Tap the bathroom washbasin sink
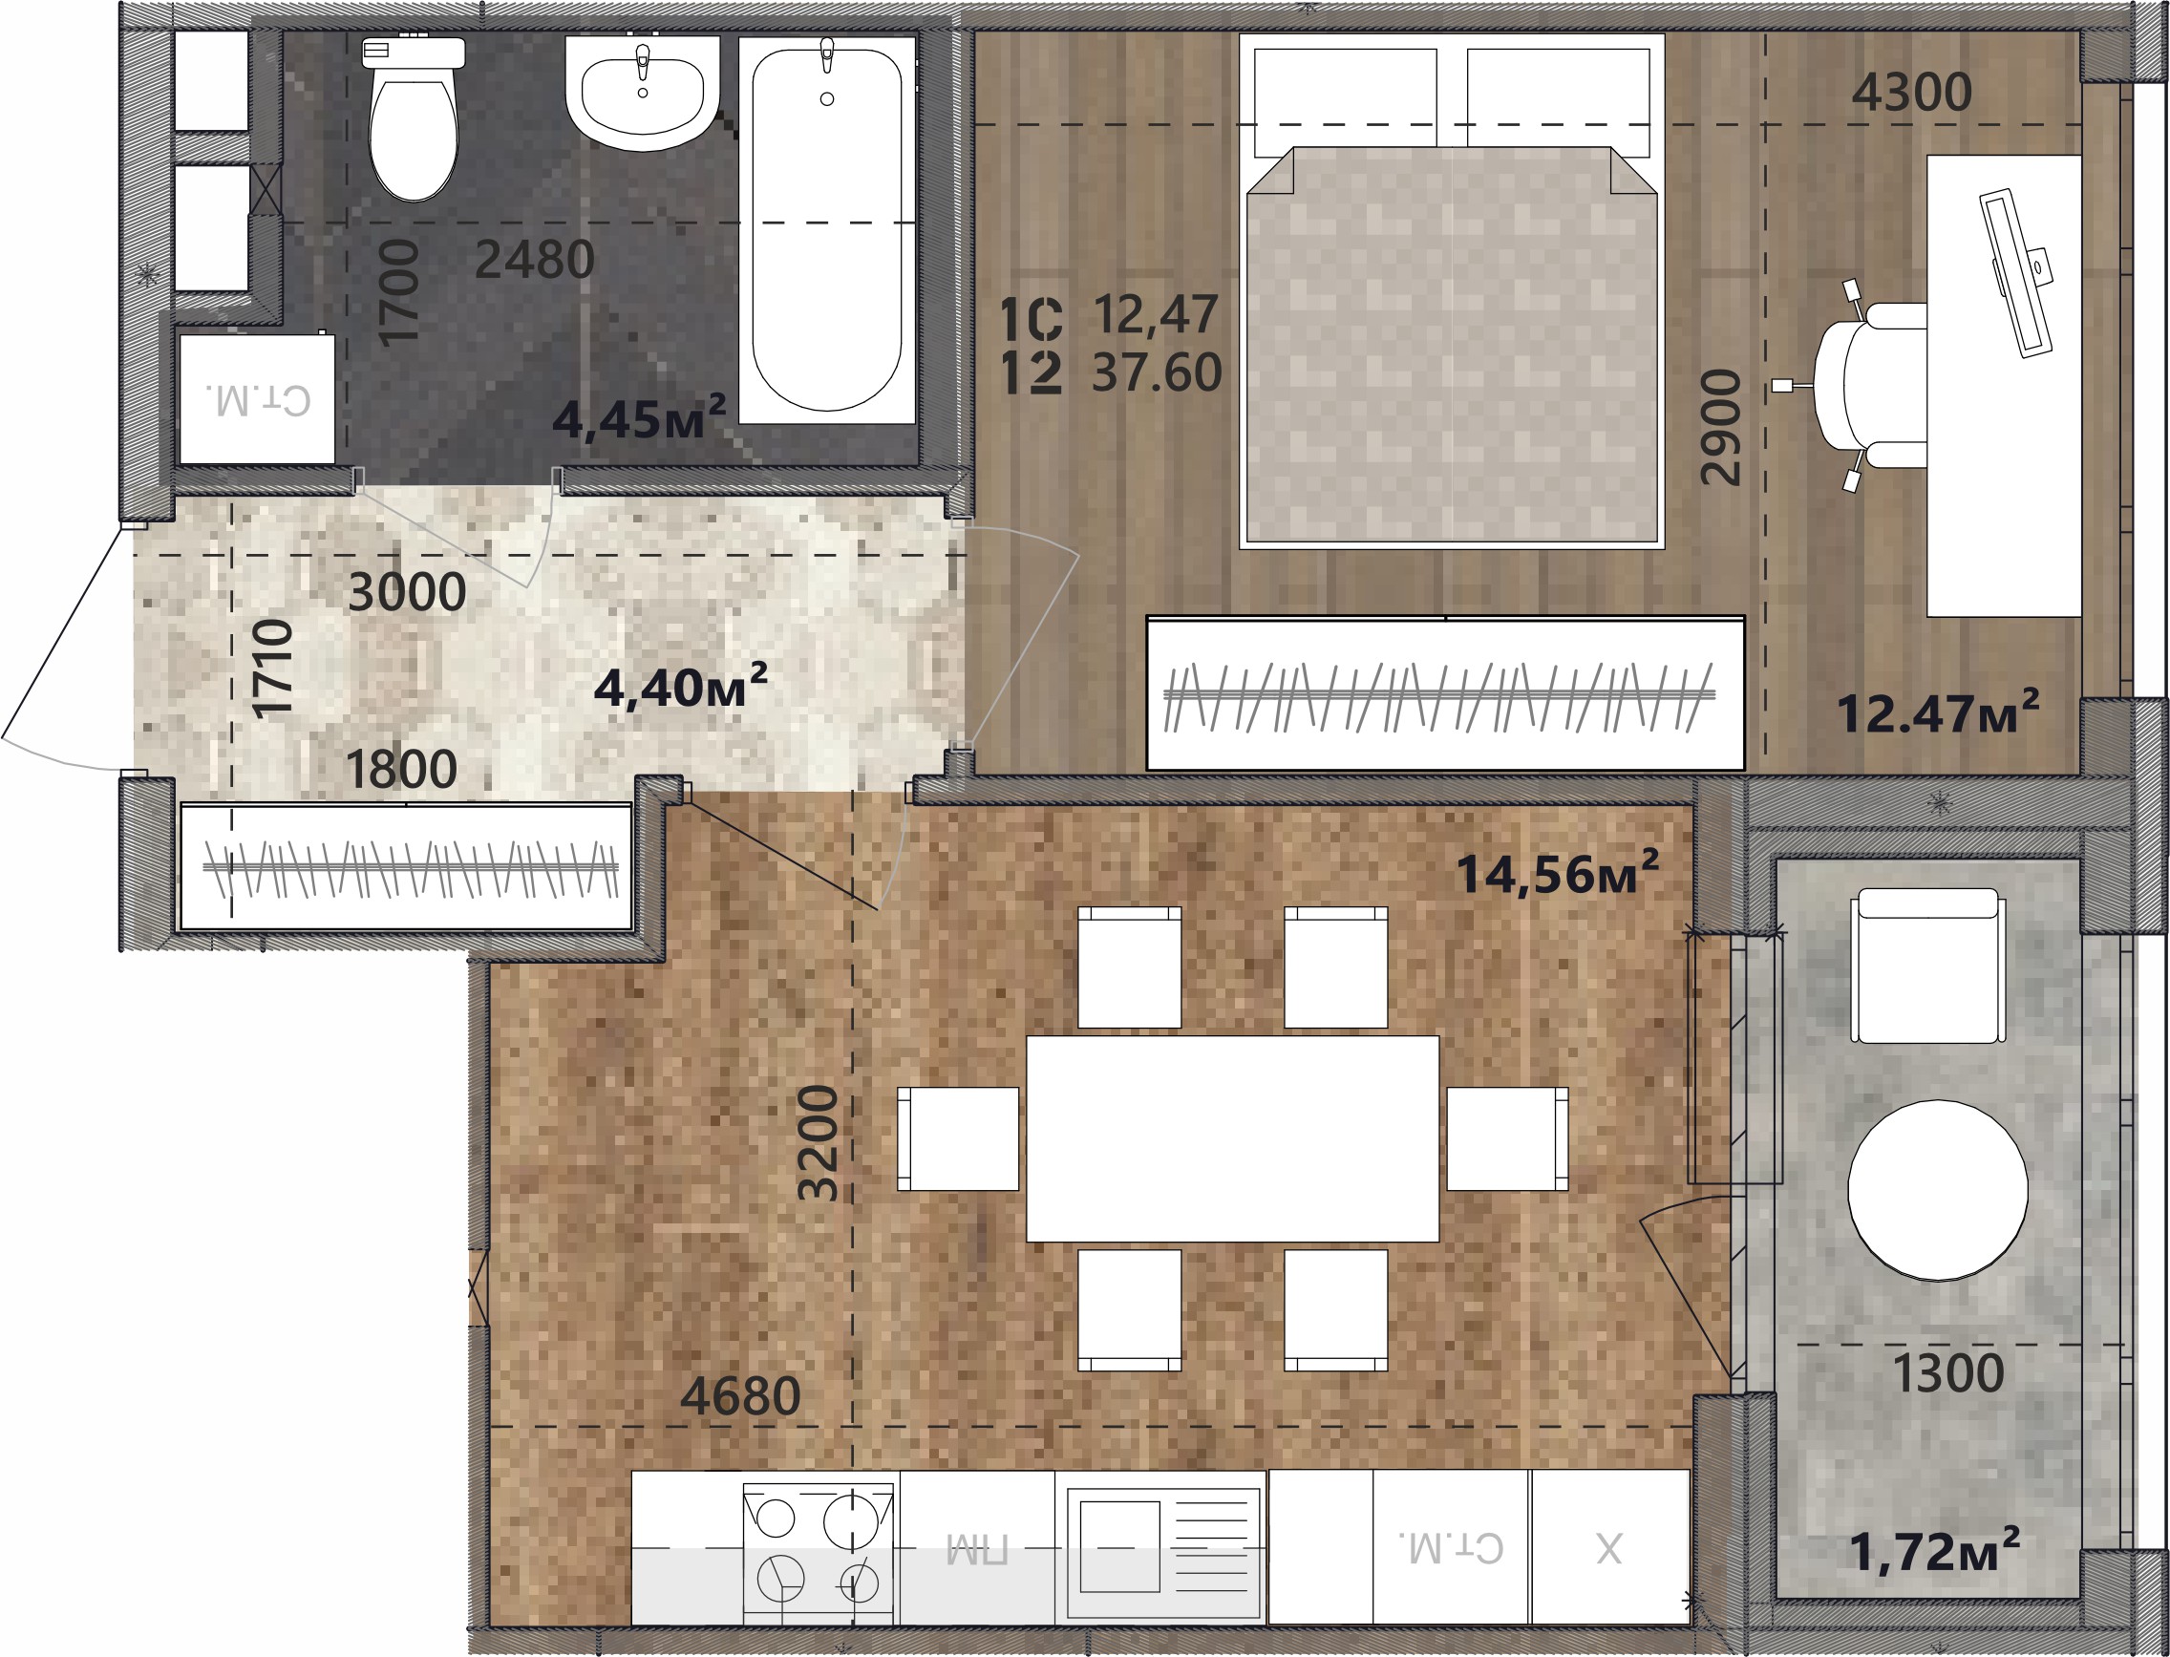(642, 92)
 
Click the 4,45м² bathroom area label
(639, 417)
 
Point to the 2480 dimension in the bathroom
(535, 261)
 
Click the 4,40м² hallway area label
(681, 686)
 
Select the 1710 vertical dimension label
(272, 669)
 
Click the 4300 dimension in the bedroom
(1911, 93)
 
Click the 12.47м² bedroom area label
(1937, 712)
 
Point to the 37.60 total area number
(1157, 372)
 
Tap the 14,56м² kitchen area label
(1558, 872)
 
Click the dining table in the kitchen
(1233, 1138)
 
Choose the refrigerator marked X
(1609, 1546)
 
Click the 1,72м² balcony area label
(1933, 1551)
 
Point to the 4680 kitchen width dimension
(741, 1395)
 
